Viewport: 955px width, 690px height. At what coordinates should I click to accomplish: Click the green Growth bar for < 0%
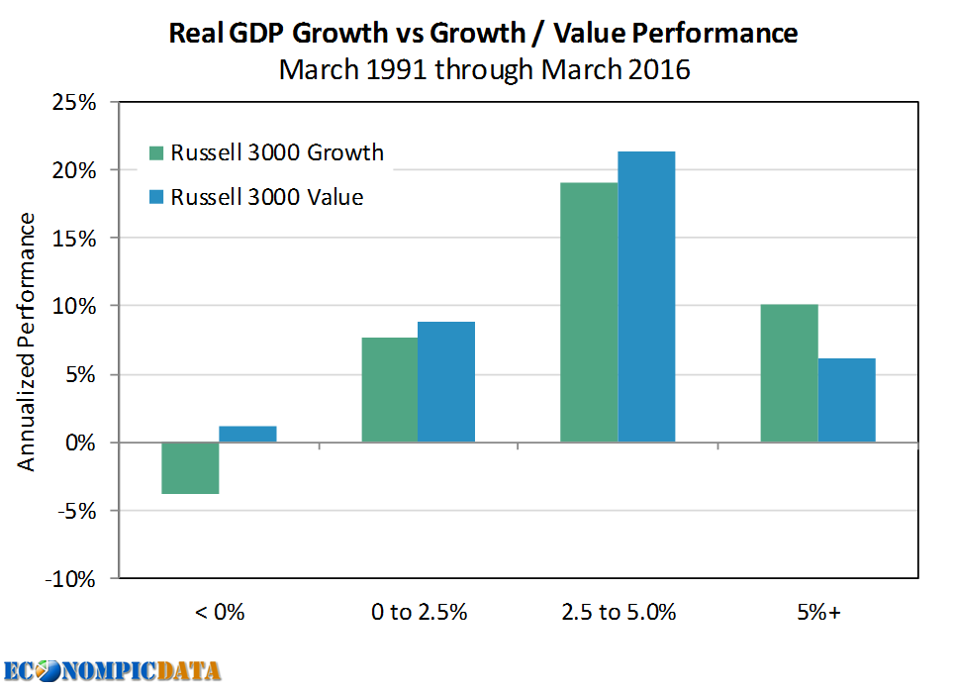click(x=190, y=467)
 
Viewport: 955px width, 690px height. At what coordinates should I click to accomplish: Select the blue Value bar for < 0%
click(x=247, y=434)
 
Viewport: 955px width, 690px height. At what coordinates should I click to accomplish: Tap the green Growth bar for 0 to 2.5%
click(x=389, y=389)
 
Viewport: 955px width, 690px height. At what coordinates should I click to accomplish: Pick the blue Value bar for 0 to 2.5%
click(x=446, y=381)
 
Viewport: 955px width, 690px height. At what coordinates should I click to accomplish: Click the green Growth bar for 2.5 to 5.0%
click(x=589, y=312)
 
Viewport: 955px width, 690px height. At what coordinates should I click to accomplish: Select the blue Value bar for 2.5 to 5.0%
click(x=646, y=296)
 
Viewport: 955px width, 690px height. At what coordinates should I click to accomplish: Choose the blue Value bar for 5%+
click(x=846, y=400)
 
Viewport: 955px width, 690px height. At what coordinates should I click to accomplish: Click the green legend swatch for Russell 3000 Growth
click(x=156, y=153)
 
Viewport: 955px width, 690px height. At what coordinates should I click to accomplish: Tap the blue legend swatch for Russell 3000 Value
click(x=156, y=197)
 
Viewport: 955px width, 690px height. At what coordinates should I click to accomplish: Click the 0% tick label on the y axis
click(x=77, y=443)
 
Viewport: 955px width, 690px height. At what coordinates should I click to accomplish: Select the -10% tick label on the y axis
click(x=68, y=579)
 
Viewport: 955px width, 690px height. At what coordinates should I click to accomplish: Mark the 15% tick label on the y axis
click(x=72, y=239)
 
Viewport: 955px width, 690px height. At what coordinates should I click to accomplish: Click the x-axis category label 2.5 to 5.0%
click(x=618, y=612)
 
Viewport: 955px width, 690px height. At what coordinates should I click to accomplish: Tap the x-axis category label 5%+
click(x=816, y=612)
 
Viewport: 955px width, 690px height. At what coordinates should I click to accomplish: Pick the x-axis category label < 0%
click(x=219, y=612)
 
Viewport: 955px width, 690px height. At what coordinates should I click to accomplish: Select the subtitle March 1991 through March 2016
click(x=483, y=71)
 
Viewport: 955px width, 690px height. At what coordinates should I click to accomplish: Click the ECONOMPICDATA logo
click(x=112, y=670)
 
